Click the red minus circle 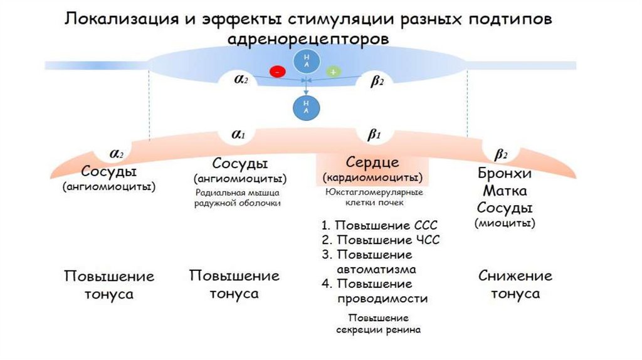pos(276,71)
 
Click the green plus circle pos(332,71)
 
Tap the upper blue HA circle pos(305,61)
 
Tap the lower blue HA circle pos(306,106)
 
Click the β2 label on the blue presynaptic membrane pos(377,82)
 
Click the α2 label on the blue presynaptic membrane pos(241,80)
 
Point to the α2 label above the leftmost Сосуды pos(117,154)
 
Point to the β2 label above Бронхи pos(501,155)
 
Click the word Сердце pos(372,162)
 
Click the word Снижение pos(515,276)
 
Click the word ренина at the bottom pos(402,329)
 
